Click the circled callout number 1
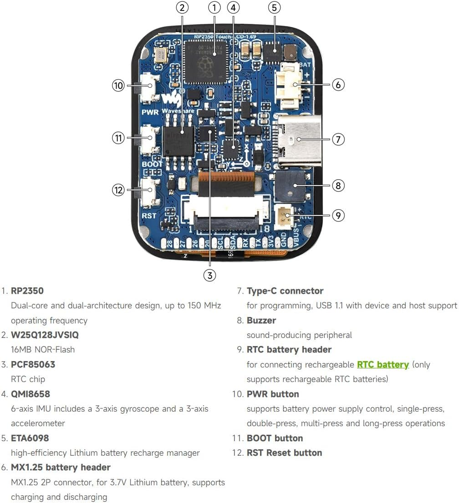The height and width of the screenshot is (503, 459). tap(214, 7)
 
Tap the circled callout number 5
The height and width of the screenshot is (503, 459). tap(274, 7)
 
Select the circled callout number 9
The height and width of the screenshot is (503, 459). tap(337, 215)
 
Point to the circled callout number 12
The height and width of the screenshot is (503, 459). tap(118, 190)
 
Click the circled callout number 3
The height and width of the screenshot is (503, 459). tap(209, 275)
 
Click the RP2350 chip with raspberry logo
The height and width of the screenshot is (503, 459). tap(206, 62)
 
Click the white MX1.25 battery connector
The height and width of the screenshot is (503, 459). tap(290, 86)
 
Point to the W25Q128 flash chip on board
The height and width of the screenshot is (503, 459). tap(178, 139)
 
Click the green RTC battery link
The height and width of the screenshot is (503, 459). tap(382, 364)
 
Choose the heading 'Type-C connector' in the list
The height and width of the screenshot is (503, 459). tap(285, 291)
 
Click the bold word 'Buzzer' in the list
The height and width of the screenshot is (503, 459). tap(261, 320)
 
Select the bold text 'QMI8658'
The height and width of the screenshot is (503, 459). tap(31, 394)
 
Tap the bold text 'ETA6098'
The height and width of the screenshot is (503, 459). tap(30, 438)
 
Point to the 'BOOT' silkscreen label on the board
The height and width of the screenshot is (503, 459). tap(152, 164)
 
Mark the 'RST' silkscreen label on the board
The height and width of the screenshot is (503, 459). tap(149, 216)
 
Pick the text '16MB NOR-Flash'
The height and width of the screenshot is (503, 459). tap(43, 350)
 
